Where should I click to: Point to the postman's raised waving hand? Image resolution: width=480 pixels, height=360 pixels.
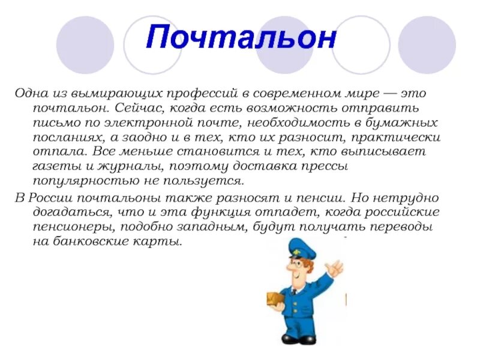(x=335, y=267)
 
